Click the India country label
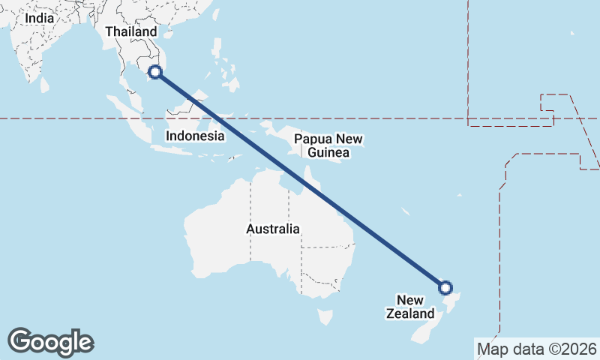[39, 17]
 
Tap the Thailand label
[131, 31]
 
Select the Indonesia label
[195, 136]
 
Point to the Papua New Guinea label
[328, 146]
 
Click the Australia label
[273, 229]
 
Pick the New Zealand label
[410, 307]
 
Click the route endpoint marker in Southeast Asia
[155, 72]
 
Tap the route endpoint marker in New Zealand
[445, 287]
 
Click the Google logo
[51, 341]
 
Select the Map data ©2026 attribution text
[536, 349]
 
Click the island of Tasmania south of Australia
[325, 317]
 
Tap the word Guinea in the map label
[328, 153]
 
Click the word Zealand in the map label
[410, 313]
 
